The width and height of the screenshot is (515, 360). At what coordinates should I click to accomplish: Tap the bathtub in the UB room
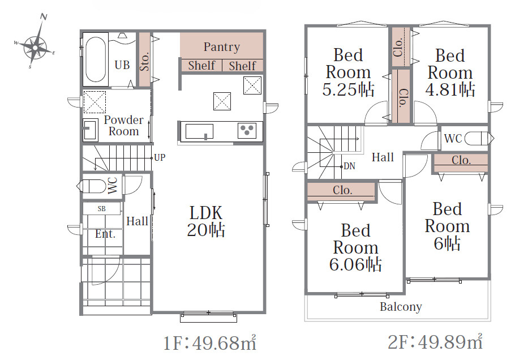96,59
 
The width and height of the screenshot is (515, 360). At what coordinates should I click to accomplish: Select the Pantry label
222,47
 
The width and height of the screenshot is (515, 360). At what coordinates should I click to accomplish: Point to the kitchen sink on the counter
199,131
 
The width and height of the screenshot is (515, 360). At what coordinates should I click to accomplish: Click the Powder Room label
123,126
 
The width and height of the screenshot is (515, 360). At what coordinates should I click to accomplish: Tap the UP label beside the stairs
160,158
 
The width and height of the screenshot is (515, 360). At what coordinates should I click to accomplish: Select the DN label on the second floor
350,166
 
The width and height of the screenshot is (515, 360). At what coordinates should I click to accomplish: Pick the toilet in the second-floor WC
479,138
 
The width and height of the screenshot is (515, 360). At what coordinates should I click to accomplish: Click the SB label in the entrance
102,208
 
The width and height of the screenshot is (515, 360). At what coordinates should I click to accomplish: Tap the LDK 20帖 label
206,221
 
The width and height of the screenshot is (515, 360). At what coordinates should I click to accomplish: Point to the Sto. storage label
144,61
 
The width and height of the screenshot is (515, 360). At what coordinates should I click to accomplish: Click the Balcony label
401,307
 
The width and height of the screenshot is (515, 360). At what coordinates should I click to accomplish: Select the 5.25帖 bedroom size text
348,89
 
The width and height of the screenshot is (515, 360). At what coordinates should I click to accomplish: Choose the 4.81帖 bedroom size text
450,89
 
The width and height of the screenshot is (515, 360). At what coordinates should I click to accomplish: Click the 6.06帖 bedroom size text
355,264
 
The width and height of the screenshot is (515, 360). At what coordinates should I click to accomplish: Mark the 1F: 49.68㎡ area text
209,342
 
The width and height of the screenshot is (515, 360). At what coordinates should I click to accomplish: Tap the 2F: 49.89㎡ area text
436,342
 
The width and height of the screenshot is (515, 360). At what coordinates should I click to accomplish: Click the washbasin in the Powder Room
90,130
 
